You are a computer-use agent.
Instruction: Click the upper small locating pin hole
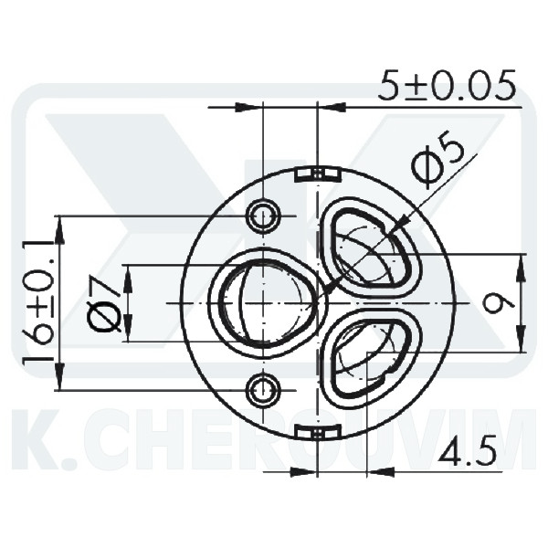click(x=264, y=216)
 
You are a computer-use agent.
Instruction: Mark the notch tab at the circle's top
click(x=316, y=173)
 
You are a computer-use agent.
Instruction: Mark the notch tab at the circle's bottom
click(x=316, y=431)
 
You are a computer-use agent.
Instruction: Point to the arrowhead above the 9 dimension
click(x=520, y=263)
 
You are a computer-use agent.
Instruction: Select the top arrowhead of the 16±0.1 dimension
click(x=59, y=226)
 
